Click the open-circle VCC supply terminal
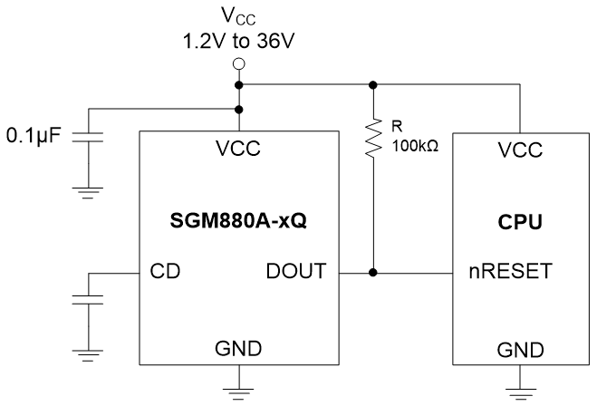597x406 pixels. point(239,63)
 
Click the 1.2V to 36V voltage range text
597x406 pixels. point(238,41)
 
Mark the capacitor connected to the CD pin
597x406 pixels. point(88,299)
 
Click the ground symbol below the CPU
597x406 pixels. point(520,391)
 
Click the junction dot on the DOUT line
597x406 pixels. point(372,271)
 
